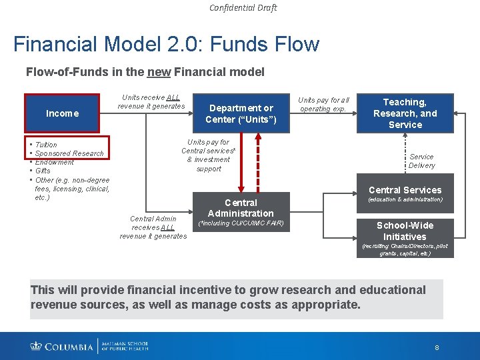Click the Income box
coord(62,113)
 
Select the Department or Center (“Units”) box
coord(241,114)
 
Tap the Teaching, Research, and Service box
coord(405,113)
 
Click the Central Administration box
coord(241,207)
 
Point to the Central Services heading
coord(405,190)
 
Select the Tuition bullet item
coord(46,145)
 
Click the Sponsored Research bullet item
coord(69,153)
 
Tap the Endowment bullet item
coord(55,162)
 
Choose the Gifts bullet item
coord(43,171)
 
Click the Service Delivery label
coord(421,161)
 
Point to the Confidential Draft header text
coord(243,8)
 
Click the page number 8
coord(437,347)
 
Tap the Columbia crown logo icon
coord(36,345)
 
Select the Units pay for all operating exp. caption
coord(323,104)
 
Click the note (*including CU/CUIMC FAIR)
coord(241,223)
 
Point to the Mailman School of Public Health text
coord(126,345)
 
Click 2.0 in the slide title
coord(189,45)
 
